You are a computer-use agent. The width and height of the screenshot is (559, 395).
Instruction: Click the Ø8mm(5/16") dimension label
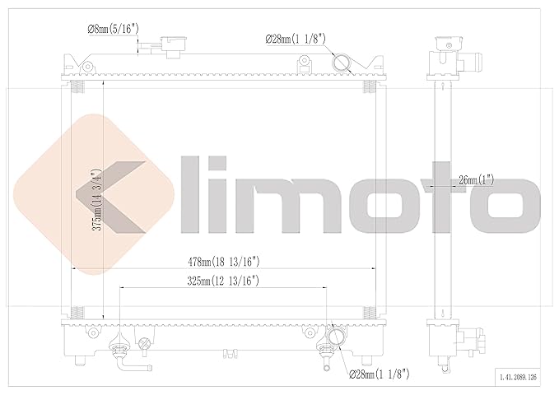coord(113,30)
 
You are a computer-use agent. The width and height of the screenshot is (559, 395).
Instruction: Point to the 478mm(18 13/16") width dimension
coord(225,262)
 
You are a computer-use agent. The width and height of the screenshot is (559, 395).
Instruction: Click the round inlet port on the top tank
coord(342,63)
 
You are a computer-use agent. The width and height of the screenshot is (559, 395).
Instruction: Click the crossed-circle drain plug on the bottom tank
coord(146,342)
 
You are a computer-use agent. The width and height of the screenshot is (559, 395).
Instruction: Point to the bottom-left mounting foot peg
coord(80,360)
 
